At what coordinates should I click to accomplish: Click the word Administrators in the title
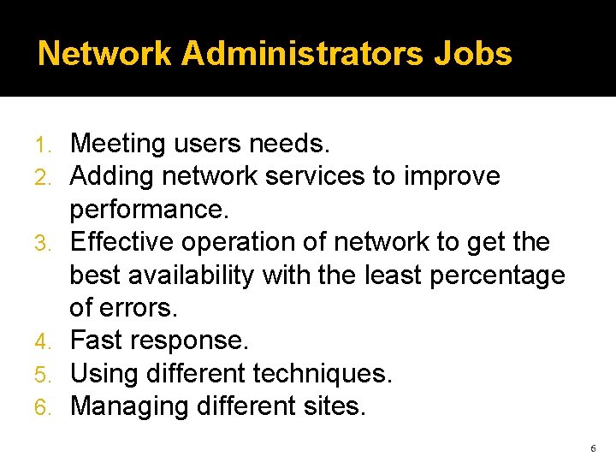coord(302,54)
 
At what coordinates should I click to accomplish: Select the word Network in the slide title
coord(105,54)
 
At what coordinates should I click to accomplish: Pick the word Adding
coord(111,176)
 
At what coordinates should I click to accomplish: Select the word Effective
coord(126,242)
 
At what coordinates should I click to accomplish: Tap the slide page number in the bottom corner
coord(593,448)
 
